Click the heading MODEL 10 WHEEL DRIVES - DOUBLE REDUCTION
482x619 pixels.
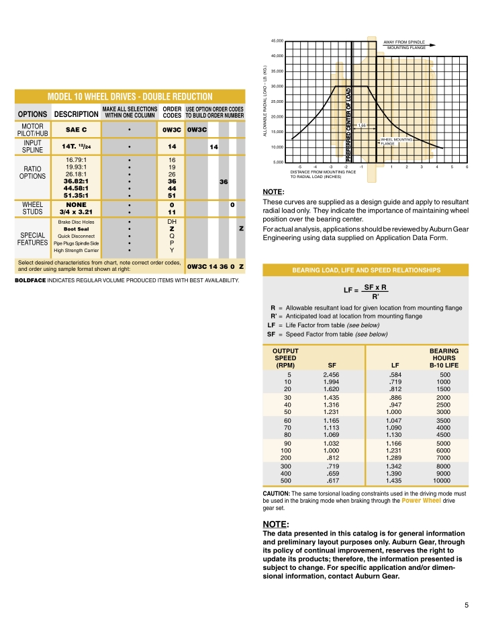click(128, 96)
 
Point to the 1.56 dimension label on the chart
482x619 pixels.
click(362, 125)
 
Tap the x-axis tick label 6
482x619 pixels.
click(467, 167)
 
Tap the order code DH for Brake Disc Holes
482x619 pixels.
click(172, 220)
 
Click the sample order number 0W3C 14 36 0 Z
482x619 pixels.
click(215, 267)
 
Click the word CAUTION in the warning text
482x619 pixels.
click(276, 494)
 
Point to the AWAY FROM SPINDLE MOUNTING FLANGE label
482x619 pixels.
click(407, 45)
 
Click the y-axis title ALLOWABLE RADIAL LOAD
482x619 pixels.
click(266, 101)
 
